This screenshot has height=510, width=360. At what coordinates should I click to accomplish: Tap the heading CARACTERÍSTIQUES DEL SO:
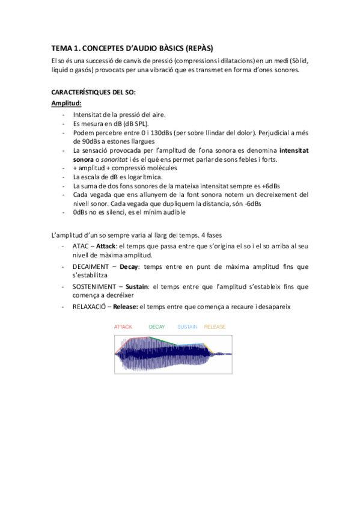coord(94,93)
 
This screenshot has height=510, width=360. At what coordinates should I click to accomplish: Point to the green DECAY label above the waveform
coord(157,327)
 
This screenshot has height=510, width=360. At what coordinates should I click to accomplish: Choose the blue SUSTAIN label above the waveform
coord(189,327)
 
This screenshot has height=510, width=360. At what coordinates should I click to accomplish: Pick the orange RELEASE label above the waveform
coord(215,327)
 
